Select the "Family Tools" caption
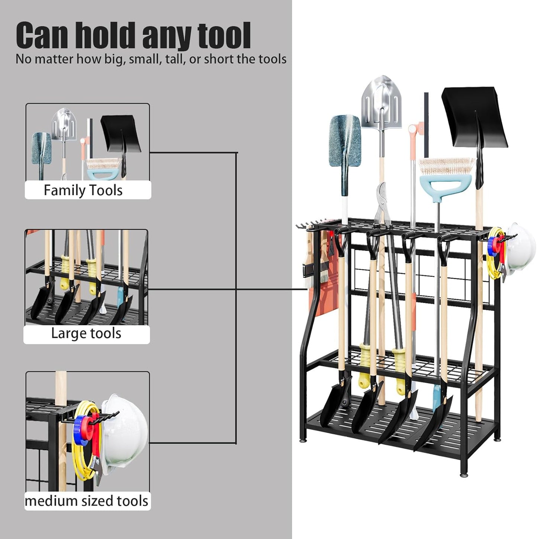[83, 190]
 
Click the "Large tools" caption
[86, 333]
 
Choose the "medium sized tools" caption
[86, 501]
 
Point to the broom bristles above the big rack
[447, 166]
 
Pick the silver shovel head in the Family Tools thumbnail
[63, 122]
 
